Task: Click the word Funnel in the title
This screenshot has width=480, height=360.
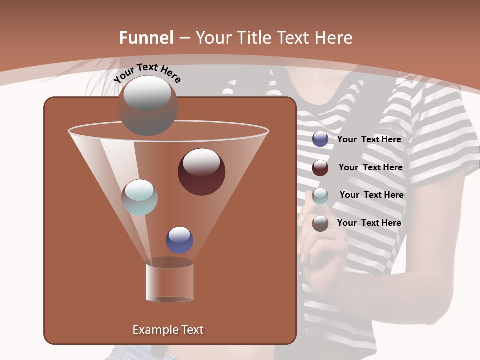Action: click(x=146, y=38)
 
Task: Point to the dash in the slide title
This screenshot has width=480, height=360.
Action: click(x=184, y=38)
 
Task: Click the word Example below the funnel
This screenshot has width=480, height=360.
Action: click(x=151, y=330)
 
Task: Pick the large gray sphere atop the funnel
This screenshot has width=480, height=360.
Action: click(x=147, y=105)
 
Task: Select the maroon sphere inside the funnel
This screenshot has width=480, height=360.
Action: click(x=202, y=172)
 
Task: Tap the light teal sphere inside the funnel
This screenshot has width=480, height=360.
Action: click(x=140, y=197)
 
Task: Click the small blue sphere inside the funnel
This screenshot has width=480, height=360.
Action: click(x=179, y=240)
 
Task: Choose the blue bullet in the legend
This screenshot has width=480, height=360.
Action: click(x=320, y=139)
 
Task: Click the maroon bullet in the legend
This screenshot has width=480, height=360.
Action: click(x=320, y=168)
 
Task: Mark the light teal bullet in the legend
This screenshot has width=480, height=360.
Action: click(x=320, y=195)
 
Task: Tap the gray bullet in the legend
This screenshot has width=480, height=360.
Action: click(x=320, y=223)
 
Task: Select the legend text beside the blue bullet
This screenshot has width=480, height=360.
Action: click(x=369, y=139)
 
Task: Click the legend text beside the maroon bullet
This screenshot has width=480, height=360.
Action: click(x=370, y=167)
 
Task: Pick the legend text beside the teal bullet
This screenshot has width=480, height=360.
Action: click(x=371, y=195)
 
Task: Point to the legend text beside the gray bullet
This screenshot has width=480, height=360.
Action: click(x=369, y=223)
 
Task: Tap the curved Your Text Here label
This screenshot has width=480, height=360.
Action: click(x=147, y=73)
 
